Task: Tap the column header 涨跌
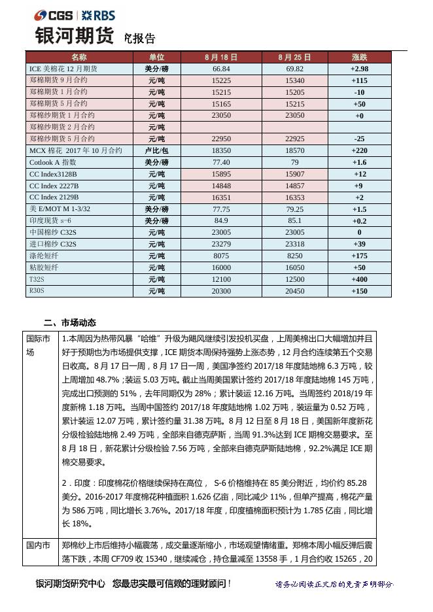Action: pyautogui.click(x=359, y=58)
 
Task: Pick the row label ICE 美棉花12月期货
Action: pyautogui.click(x=63, y=69)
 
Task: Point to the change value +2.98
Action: pyautogui.click(x=359, y=69)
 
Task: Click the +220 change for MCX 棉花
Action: pyautogui.click(x=359, y=150)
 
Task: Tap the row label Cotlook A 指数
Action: pyautogui.click(x=53, y=162)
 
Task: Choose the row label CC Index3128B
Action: pyautogui.click(x=53, y=174)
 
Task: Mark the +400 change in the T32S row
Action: pyautogui.click(x=359, y=279)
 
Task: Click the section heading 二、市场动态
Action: pyautogui.click(x=69, y=322)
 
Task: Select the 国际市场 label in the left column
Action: pyautogui.click(x=38, y=345)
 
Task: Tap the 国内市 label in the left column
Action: pyautogui.click(x=38, y=545)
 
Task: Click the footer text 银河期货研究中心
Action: pyautogui.click(x=71, y=583)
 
